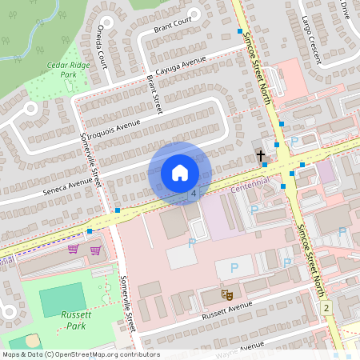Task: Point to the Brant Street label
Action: point(154,94)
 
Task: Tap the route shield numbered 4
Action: point(193,194)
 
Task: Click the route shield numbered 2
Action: point(326,307)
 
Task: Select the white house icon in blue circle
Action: point(180,173)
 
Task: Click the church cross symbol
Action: point(259,156)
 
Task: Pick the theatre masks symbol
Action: point(226,295)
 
